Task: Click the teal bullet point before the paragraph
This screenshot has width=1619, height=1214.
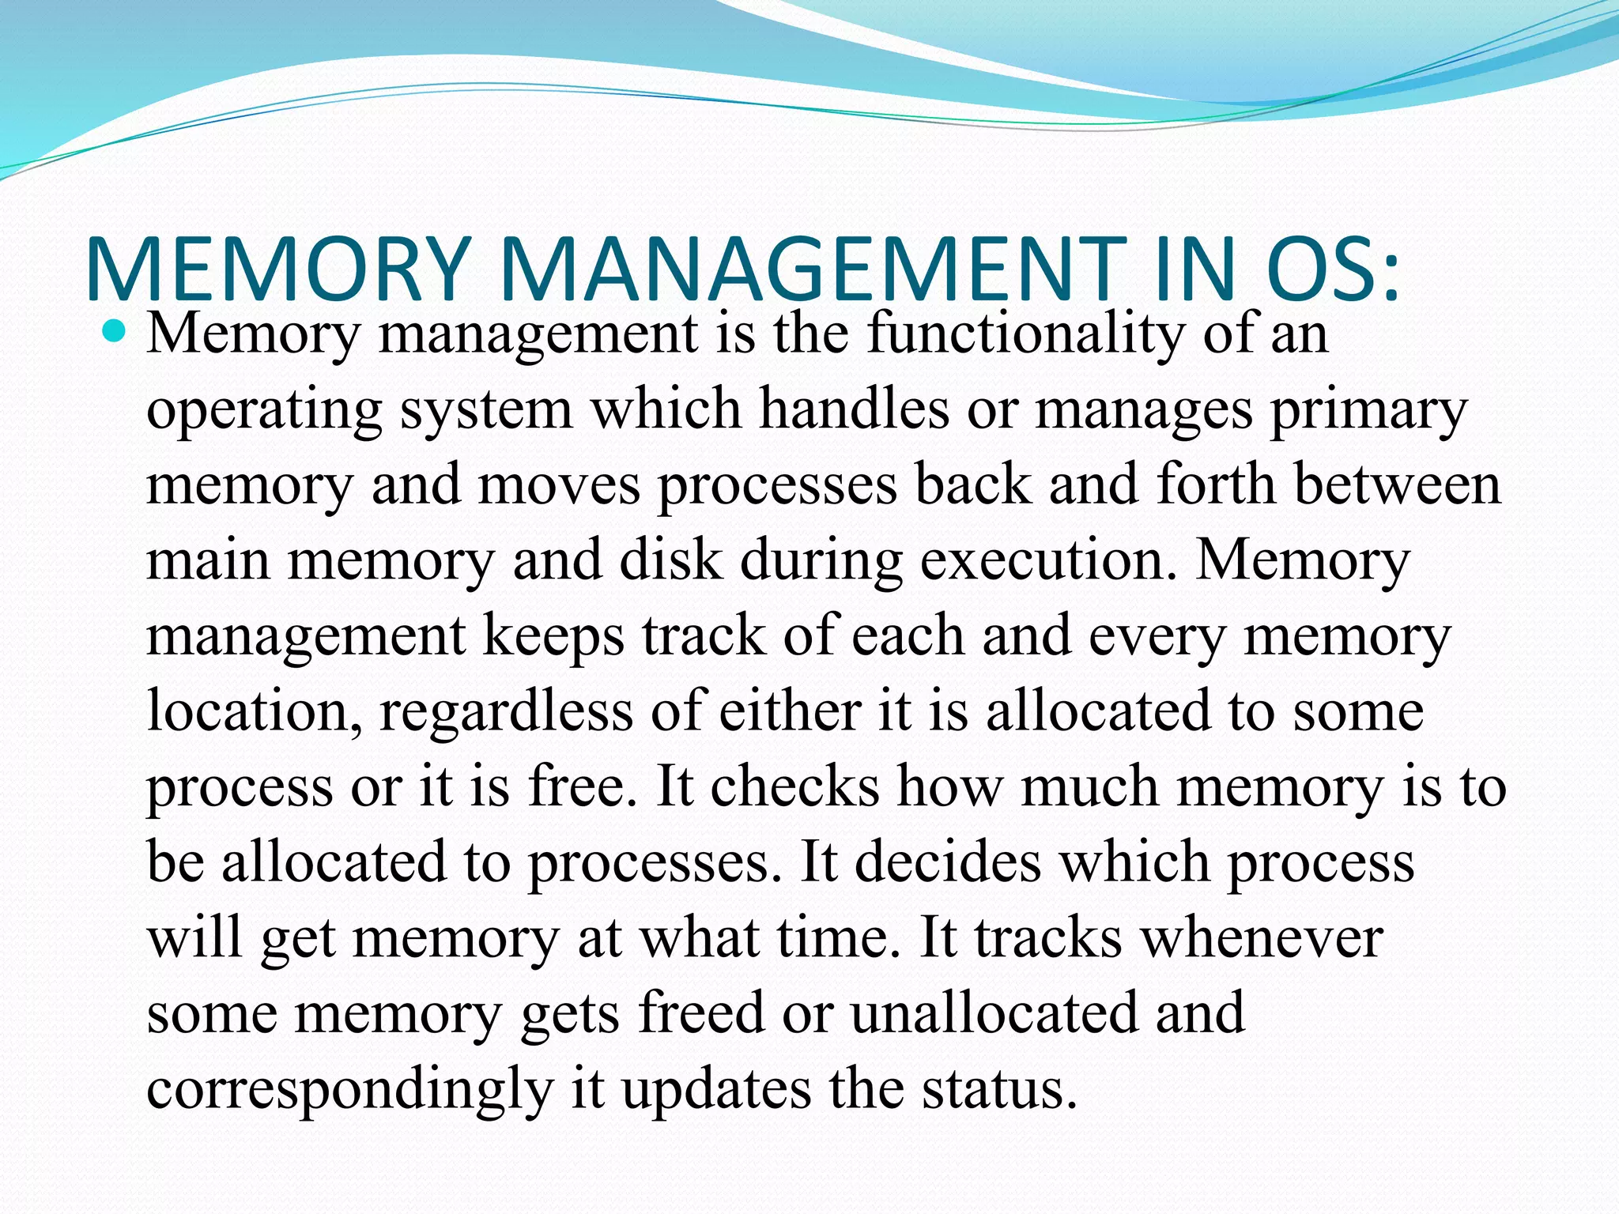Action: (115, 333)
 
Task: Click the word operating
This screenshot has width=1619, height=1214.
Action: (265, 411)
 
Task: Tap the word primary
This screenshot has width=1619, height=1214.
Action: (1368, 411)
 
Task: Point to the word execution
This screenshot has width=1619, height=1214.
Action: (1047, 559)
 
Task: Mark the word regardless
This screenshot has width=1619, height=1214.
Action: (506, 711)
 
